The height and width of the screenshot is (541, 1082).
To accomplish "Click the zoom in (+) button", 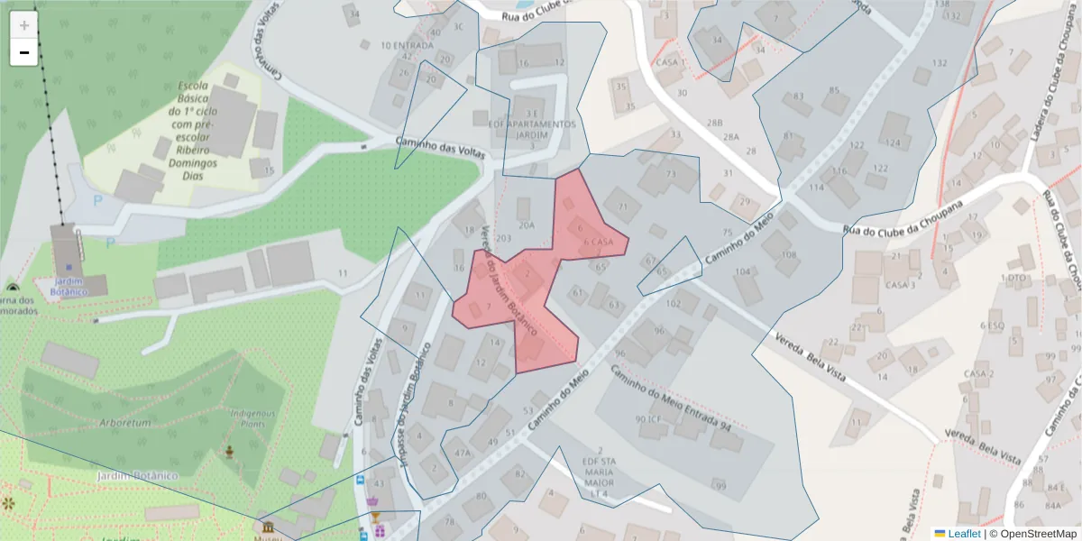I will coord(24,25).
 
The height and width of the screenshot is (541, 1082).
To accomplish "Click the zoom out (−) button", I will coord(24,52).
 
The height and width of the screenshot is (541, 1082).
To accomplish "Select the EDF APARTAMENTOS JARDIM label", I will coord(531,129).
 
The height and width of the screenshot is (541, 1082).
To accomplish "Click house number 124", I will coord(893,142).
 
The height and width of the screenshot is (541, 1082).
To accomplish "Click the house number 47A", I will coord(463,453).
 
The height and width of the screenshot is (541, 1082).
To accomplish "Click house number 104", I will coord(743,271).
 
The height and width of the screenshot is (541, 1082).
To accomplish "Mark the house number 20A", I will coord(527,225).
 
